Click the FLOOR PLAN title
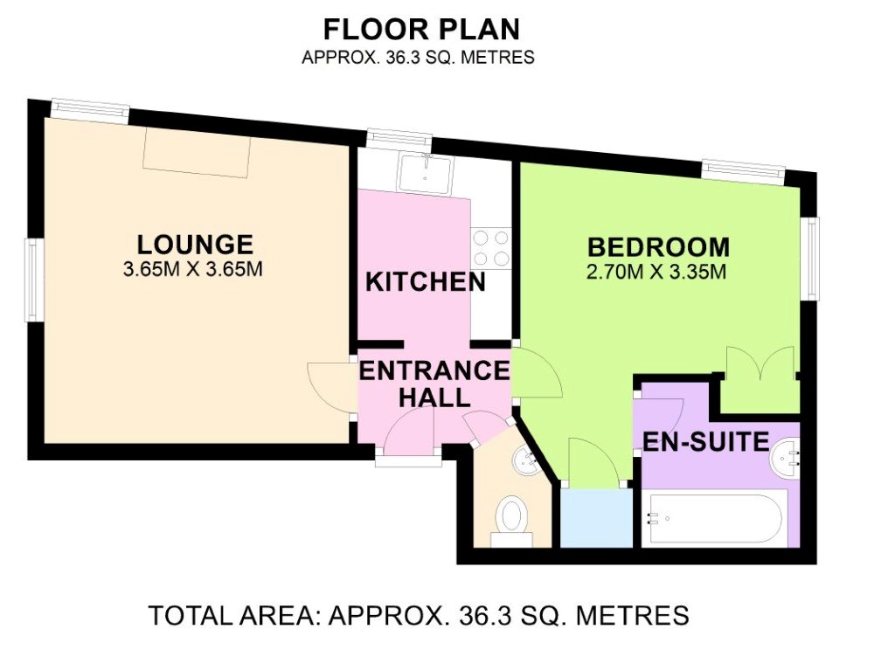click(422, 30)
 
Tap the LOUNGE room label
click(195, 245)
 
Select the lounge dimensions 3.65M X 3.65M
click(193, 269)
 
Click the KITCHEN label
click(426, 282)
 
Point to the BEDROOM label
click(659, 247)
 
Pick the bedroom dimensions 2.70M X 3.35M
click(656, 273)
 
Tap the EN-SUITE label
click(706, 442)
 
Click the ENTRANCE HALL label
click(434, 384)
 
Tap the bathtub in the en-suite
click(715, 519)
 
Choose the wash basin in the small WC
click(524, 460)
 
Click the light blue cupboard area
click(596, 517)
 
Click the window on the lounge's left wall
click(32, 280)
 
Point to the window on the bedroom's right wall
click(812, 258)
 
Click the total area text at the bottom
click(419, 615)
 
